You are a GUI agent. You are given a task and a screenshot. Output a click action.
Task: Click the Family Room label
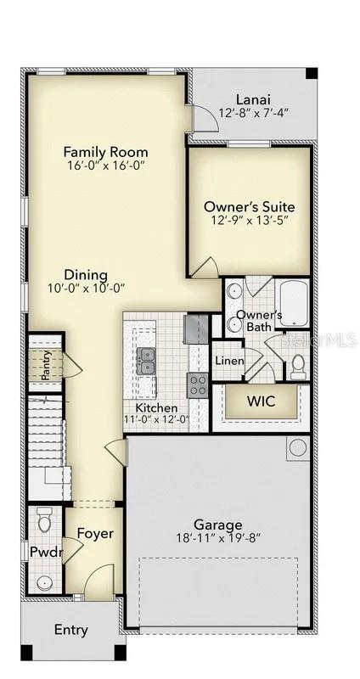click(x=105, y=152)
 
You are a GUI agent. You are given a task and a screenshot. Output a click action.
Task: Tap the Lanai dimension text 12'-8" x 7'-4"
click(x=255, y=112)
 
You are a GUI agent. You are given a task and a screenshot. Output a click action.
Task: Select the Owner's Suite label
click(x=249, y=206)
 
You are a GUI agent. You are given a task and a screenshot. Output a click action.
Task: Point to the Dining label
click(x=87, y=275)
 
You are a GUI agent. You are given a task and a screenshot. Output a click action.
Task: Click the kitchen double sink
click(x=147, y=361)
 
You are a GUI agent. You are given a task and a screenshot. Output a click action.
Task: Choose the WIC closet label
click(x=260, y=401)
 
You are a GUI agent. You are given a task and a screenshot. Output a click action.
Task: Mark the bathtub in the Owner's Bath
click(x=293, y=304)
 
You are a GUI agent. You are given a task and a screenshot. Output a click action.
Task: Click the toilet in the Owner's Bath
click(x=298, y=366)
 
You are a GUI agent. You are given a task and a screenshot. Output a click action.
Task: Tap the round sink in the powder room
click(x=44, y=582)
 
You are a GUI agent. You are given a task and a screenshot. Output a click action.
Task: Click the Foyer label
click(x=95, y=533)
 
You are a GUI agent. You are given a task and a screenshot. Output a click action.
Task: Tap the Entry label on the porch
click(x=70, y=630)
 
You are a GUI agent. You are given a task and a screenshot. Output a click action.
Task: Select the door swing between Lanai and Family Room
click(x=205, y=118)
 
